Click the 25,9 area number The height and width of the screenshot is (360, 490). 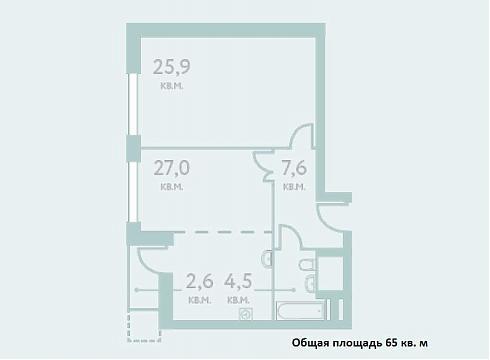coord(172,67)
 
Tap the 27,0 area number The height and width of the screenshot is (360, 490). coord(172,168)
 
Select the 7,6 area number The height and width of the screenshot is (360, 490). coord(294,168)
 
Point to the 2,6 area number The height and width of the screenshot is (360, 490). coord(199,281)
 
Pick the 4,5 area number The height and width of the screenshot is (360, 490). coord(238,281)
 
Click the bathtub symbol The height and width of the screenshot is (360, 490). coord(301,311)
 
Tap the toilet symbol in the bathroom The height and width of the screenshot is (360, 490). coord(307,266)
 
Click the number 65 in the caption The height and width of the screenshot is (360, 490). coord(392,343)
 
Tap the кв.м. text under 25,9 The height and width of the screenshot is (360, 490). coord(172,86)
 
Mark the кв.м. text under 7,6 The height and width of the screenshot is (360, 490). coord(294,187)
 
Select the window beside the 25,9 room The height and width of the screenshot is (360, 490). coord(133,104)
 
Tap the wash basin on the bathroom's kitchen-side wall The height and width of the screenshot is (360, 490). coord(268,258)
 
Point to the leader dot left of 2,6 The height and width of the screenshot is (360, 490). coord(137,290)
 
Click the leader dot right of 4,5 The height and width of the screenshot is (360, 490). coord(294,290)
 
